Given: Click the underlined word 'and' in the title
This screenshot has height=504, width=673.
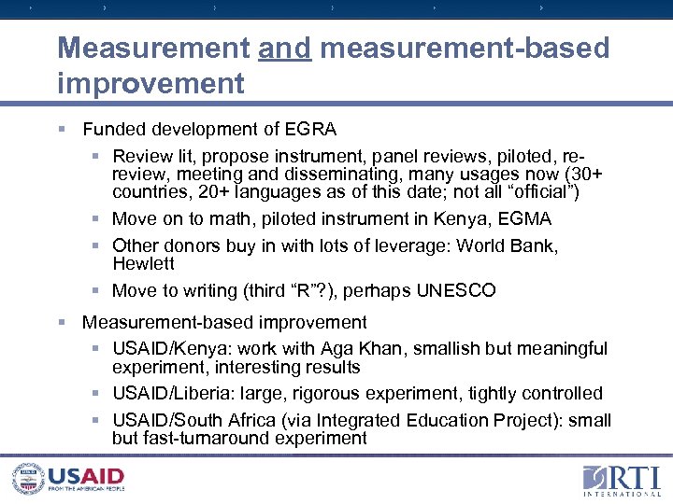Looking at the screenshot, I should point(285,48).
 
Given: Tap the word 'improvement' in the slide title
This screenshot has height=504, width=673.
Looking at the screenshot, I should point(150,83).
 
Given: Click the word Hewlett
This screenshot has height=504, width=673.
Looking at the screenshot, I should point(143,263).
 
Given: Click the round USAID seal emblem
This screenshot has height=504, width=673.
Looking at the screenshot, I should point(29,477).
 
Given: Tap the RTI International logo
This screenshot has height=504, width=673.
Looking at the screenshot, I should point(620,480).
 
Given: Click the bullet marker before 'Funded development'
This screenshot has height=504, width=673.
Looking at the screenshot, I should point(62,129).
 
